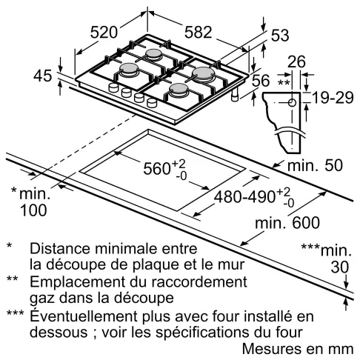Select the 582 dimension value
[196, 32]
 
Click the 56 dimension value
[261, 81]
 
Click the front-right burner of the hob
[177, 90]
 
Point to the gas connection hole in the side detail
[293, 101]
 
